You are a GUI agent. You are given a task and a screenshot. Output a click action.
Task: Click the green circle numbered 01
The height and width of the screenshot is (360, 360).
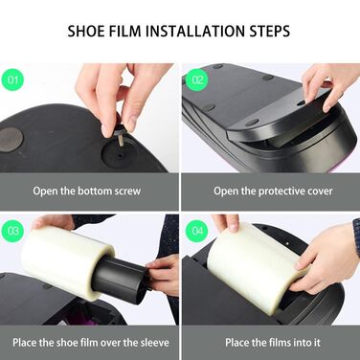point(12,79)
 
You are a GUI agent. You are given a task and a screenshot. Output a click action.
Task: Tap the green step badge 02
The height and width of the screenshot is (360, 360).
point(197,79)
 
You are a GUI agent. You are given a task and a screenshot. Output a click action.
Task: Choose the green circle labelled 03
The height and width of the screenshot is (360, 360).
point(12,231)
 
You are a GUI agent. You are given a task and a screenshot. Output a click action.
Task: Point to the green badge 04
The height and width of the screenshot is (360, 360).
point(197,231)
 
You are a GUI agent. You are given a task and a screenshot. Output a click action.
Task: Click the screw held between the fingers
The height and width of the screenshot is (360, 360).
point(117,135)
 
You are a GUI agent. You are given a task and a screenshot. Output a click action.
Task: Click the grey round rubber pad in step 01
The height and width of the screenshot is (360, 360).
point(11,140)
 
